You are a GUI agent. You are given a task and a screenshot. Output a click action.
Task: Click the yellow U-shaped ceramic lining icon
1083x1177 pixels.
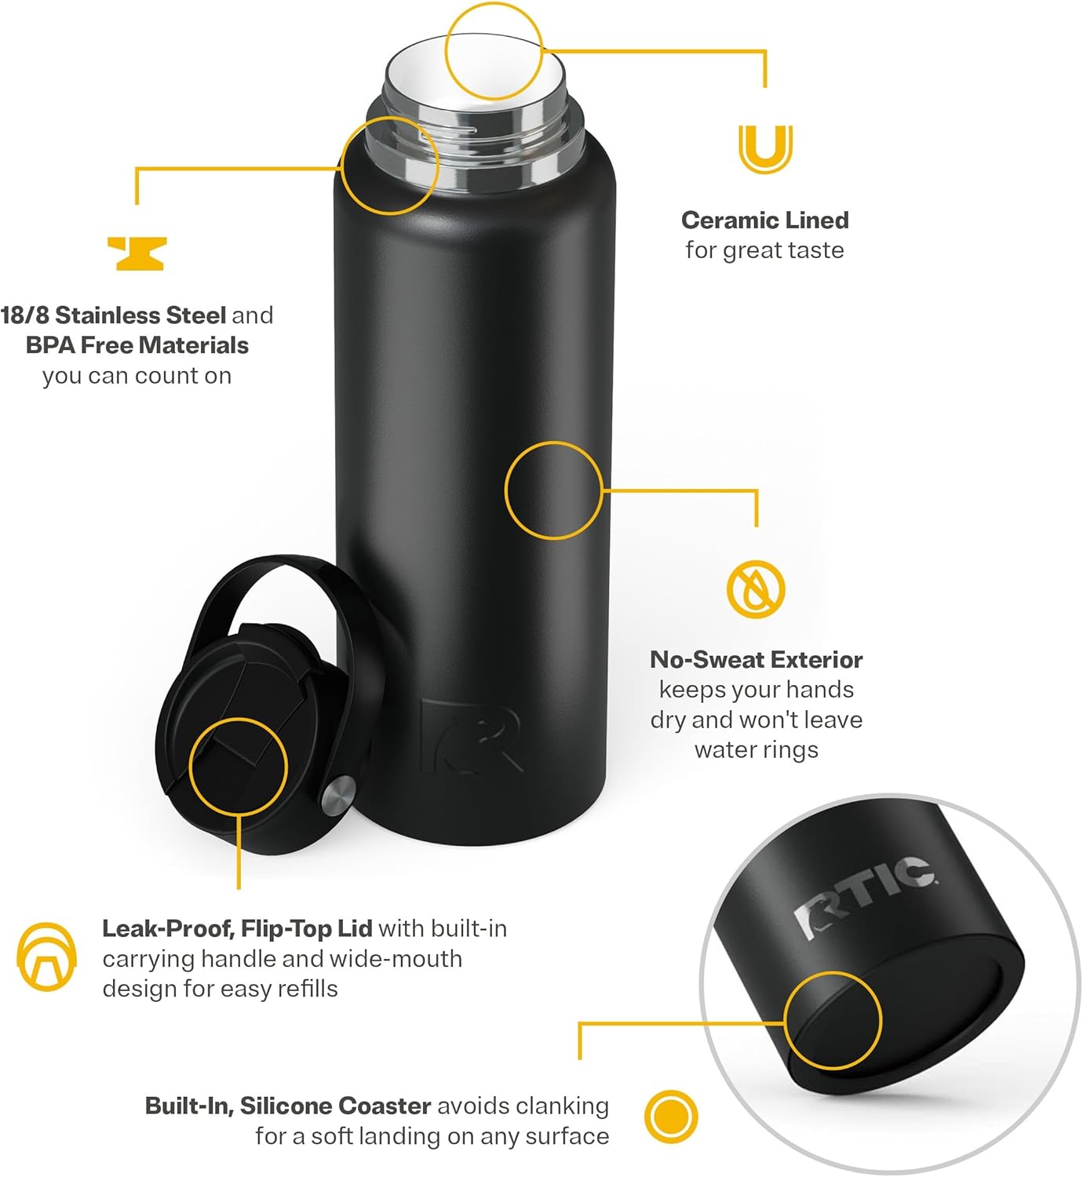(765, 148)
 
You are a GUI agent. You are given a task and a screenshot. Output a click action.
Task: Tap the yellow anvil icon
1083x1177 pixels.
(137, 253)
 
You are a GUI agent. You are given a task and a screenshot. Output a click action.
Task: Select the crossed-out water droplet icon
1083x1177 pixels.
(755, 588)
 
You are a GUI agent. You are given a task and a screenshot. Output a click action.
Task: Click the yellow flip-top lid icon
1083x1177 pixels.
(47, 957)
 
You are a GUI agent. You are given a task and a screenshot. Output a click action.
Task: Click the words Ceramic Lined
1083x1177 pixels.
(764, 220)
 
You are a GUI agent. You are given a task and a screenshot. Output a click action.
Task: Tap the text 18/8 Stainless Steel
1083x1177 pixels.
(113, 315)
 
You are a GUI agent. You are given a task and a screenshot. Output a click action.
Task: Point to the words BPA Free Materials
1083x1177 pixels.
(137, 345)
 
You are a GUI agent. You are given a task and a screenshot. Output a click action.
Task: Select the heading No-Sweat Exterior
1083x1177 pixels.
(756, 659)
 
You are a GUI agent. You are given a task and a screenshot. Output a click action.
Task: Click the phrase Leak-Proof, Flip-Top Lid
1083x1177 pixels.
(237, 928)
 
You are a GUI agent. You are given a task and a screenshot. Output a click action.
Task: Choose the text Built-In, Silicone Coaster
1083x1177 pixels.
(288, 1106)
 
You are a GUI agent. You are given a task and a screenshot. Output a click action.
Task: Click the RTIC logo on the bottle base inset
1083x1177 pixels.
(863, 895)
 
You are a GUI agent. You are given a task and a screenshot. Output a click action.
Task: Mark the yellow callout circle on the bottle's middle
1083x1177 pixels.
(553, 490)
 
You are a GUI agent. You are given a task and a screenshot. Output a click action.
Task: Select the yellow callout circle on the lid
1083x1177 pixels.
(239, 767)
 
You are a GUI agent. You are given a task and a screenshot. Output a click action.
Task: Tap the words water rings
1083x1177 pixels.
(756, 749)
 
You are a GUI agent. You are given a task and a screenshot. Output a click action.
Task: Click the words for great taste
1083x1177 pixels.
(764, 250)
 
